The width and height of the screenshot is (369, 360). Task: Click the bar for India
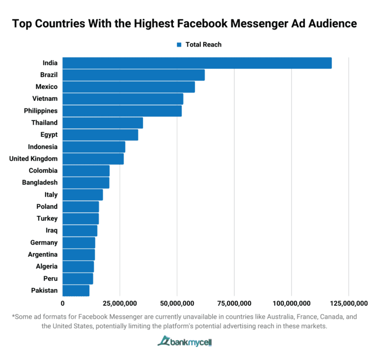197,63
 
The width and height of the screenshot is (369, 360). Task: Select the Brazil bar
134,75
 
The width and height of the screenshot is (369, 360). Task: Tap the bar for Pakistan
76,290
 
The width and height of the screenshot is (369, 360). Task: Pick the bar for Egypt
100,135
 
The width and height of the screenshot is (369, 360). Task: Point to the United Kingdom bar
93,159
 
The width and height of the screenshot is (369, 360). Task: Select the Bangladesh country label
40,182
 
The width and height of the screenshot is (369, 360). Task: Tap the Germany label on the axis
44,242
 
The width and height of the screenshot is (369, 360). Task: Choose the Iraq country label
51,230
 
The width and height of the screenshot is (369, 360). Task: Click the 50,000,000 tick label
177,303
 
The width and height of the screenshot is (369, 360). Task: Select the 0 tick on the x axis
62,303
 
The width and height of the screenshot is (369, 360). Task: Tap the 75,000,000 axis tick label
234,303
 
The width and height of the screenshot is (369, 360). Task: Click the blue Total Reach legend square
179,45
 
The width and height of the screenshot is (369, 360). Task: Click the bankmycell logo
184,342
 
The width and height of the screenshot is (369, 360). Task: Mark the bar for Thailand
103,123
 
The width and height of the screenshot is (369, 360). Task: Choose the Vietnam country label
45,99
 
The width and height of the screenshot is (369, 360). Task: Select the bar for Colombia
86,170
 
